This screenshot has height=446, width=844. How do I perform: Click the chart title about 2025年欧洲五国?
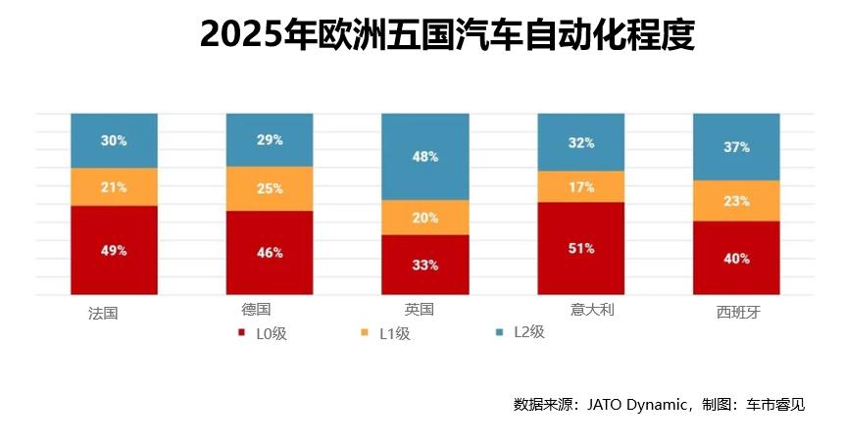pyautogui.click(x=447, y=35)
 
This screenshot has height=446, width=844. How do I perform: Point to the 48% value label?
pyautogui.click(x=425, y=157)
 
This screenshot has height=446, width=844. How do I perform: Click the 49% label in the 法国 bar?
pyautogui.click(x=114, y=250)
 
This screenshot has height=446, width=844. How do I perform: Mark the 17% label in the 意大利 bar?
pyautogui.click(x=581, y=186)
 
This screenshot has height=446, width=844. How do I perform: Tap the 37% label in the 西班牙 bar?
pyautogui.click(x=737, y=147)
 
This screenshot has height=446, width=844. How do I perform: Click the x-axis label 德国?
pyautogui.click(x=256, y=310)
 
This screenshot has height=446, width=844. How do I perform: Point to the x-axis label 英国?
pyautogui.click(x=419, y=310)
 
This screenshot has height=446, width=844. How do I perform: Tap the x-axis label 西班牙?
pyautogui.click(x=738, y=314)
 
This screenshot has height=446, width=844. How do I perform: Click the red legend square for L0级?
pyautogui.click(x=242, y=333)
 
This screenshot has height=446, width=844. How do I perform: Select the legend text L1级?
pyautogui.click(x=394, y=333)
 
